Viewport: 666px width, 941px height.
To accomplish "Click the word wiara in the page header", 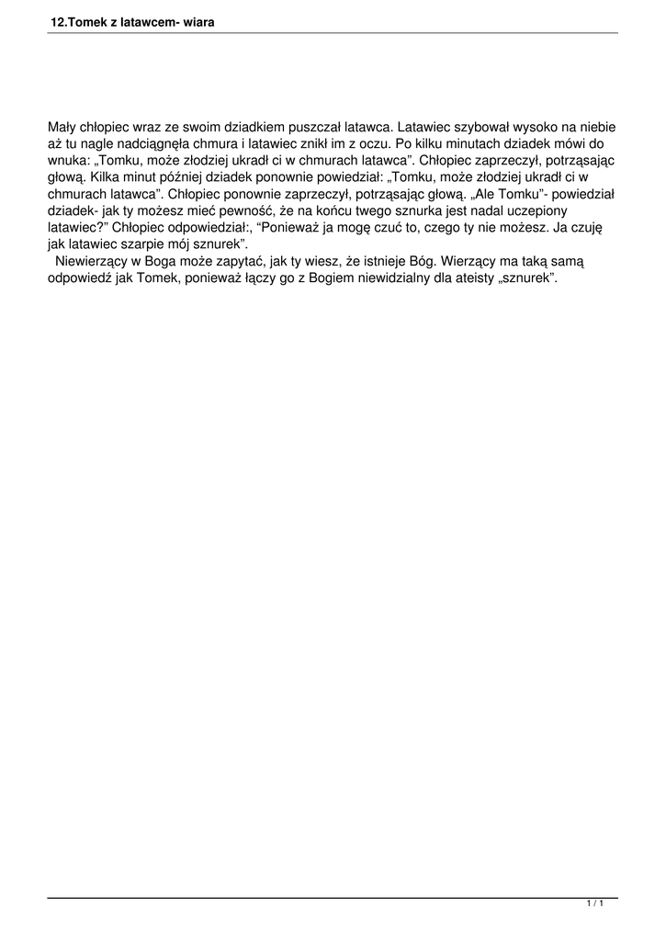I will click(x=198, y=20).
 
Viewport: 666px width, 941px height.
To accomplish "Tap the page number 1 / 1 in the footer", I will click(x=594, y=904).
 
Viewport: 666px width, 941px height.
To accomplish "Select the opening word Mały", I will click(x=62, y=127).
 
